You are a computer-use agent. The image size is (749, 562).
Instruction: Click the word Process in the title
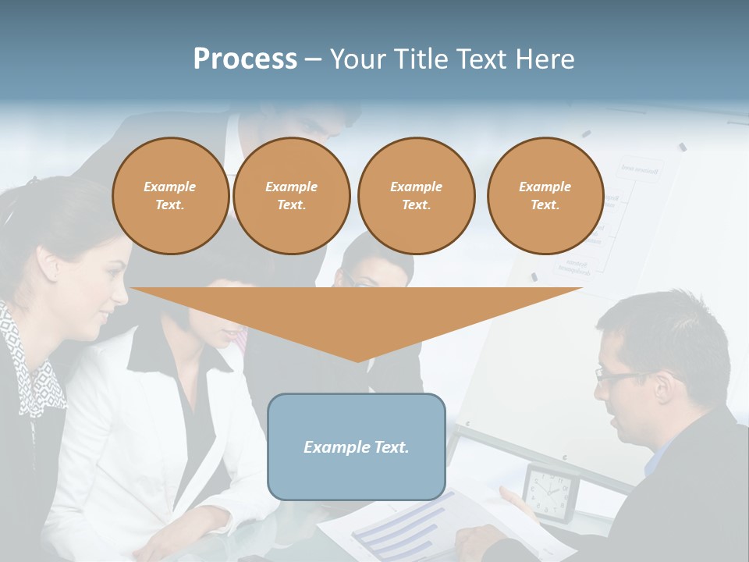click(245, 59)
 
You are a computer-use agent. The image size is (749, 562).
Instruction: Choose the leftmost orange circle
click(170, 195)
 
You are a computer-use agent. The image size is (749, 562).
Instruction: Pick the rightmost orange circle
click(545, 195)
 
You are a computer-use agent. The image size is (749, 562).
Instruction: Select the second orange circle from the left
click(291, 195)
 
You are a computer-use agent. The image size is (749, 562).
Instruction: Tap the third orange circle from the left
click(416, 195)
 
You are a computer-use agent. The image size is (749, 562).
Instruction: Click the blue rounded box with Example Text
click(357, 446)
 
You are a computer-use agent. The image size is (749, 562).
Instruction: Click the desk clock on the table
click(550, 492)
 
